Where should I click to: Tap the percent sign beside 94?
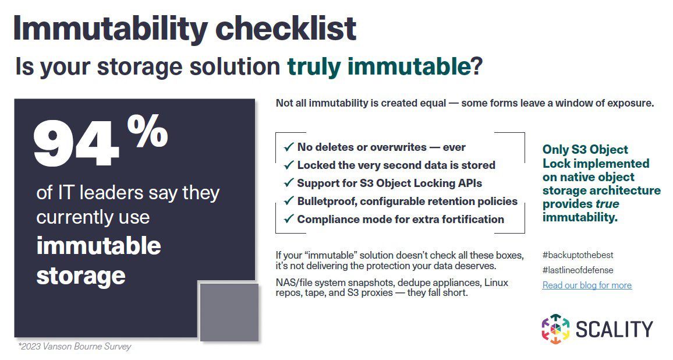coord(147,130)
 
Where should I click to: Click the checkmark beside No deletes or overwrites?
coord(288,147)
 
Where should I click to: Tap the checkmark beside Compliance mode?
coord(288,220)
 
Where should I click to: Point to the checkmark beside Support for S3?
coord(288,183)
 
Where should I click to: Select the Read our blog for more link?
coord(587,285)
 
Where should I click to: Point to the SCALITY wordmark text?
coord(614,329)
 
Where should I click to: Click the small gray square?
coord(229,312)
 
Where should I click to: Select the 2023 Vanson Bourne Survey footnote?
coord(75,347)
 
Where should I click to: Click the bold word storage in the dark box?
coord(81,275)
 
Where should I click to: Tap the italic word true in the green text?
coord(607,204)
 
